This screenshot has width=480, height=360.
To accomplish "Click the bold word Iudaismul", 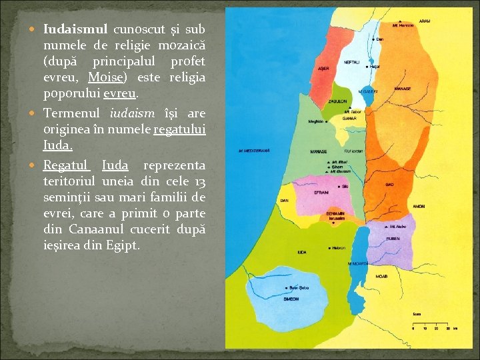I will tap(76, 30).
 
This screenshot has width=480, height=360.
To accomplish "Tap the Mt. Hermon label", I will tap(403, 25).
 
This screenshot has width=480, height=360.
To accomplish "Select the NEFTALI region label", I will tap(351, 61).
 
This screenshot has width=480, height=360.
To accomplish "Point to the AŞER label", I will tap(323, 69).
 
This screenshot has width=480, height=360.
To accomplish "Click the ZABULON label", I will tap(337, 101).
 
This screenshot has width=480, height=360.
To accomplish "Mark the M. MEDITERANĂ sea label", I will tap(254, 151).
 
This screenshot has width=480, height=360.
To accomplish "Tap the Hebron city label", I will tap(338, 247).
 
